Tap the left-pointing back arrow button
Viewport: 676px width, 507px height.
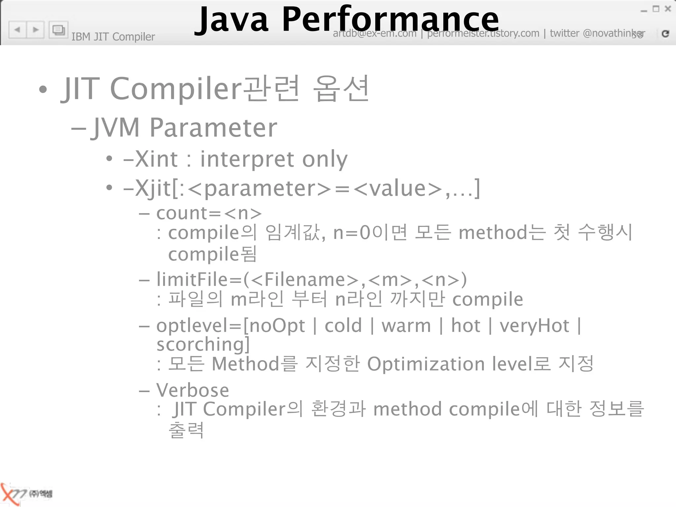pyautogui.click(x=17, y=30)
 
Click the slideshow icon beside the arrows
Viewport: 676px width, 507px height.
pyautogui.click(x=58, y=30)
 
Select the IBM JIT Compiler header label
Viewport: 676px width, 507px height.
pyautogui.click(x=113, y=37)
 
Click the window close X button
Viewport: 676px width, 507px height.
pyautogui.click(x=668, y=9)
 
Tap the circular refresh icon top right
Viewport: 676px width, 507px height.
pyautogui.click(x=665, y=33)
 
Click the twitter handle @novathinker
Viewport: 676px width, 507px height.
pyautogui.click(x=614, y=33)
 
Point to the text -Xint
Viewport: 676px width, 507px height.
pyautogui.click(x=151, y=159)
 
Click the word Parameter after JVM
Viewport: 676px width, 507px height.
pyautogui.click(x=213, y=128)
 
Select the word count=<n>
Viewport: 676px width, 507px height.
pyautogui.click(x=209, y=213)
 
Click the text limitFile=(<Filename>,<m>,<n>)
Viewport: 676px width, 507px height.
pyautogui.click(x=312, y=280)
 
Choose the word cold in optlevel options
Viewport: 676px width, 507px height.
pyautogui.click(x=343, y=326)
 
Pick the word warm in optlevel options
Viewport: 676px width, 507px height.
pyautogui.click(x=406, y=326)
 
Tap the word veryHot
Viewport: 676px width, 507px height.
pyautogui.click(x=534, y=326)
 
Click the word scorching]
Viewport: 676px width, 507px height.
pyautogui.click(x=203, y=345)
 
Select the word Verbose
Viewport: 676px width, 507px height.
pyautogui.click(x=193, y=390)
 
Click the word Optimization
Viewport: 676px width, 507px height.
pyautogui.click(x=426, y=364)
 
